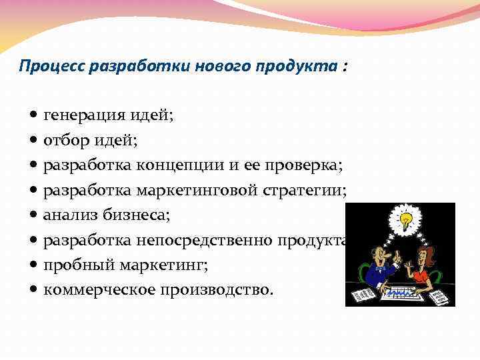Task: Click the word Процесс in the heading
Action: coord(46,67)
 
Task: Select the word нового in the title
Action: coord(225,67)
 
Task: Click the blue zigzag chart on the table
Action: coord(401,292)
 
